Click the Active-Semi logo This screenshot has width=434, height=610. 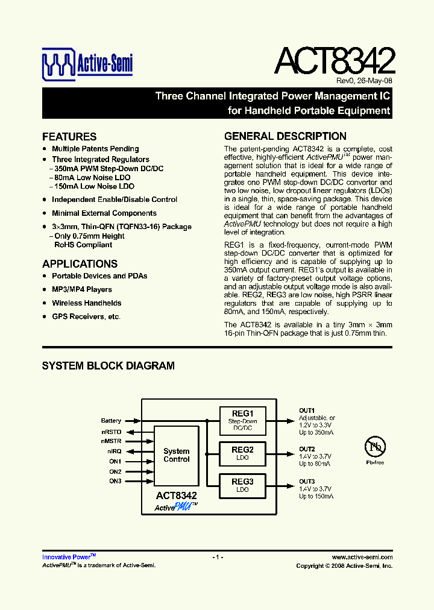pyautogui.click(x=87, y=64)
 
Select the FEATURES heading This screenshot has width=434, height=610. pyautogui.click(x=69, y=137)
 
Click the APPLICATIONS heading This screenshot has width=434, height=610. pyautogui.click(x=80, y=264)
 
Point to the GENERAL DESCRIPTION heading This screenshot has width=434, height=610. pyautogui.click(x=285, y=136)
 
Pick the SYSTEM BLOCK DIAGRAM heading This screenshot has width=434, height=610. pyautogui.click(x=108, y=366)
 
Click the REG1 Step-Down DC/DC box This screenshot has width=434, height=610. pyautogui.click(x=242, y=421)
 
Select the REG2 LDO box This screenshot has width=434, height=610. pyautogui.click(x=242, y=453)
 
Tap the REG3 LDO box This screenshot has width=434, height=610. pyautogui.click(x=242, y=485)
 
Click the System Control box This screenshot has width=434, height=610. pyautogui.click(x=177, y=455)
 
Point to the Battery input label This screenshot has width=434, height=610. pyautogui.click(x=111, y=421)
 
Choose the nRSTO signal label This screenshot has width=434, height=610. pyautogui.click(x=111, y=432)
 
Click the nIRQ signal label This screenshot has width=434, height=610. pyautogui.click(x=114, y=451)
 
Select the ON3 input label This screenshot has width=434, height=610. pyautogui.click(x=115, y=481)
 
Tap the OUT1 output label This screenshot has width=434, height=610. pyautogui.click(x=307, y=410)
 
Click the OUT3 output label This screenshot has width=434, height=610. pyautogui.click(x=307, y=482)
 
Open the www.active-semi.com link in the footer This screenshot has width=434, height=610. pyautogui.click(x=362, y=558)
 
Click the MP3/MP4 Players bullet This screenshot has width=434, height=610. pyautogui.click(x=82, y=289)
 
